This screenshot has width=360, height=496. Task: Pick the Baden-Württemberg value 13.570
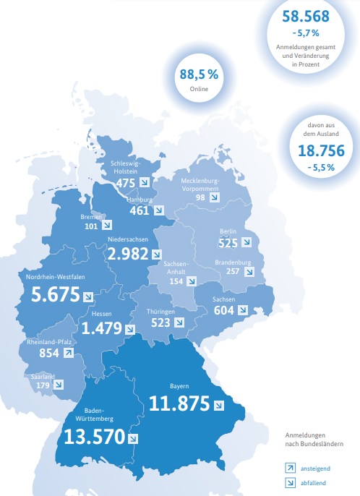pos(93,437)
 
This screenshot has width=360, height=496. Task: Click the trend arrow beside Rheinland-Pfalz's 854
pos(68,354)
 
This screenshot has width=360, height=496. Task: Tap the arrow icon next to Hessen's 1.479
pos(129,328)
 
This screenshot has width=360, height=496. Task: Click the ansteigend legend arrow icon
pos(291,468)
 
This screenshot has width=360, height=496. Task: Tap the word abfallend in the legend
pos(313,482)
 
